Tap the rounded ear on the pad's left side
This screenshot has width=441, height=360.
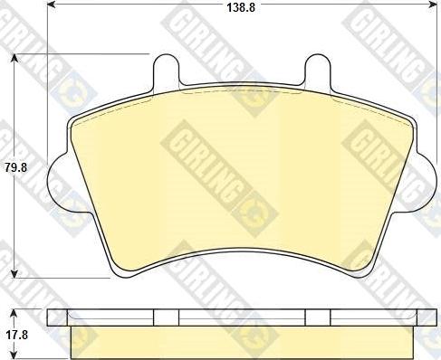[x=56, y=177]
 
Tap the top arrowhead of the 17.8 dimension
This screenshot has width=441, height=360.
[x=16, y=312]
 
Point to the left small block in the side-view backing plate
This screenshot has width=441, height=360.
[x=167, y=317]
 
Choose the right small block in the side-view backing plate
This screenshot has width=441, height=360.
[x=318, y=317]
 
